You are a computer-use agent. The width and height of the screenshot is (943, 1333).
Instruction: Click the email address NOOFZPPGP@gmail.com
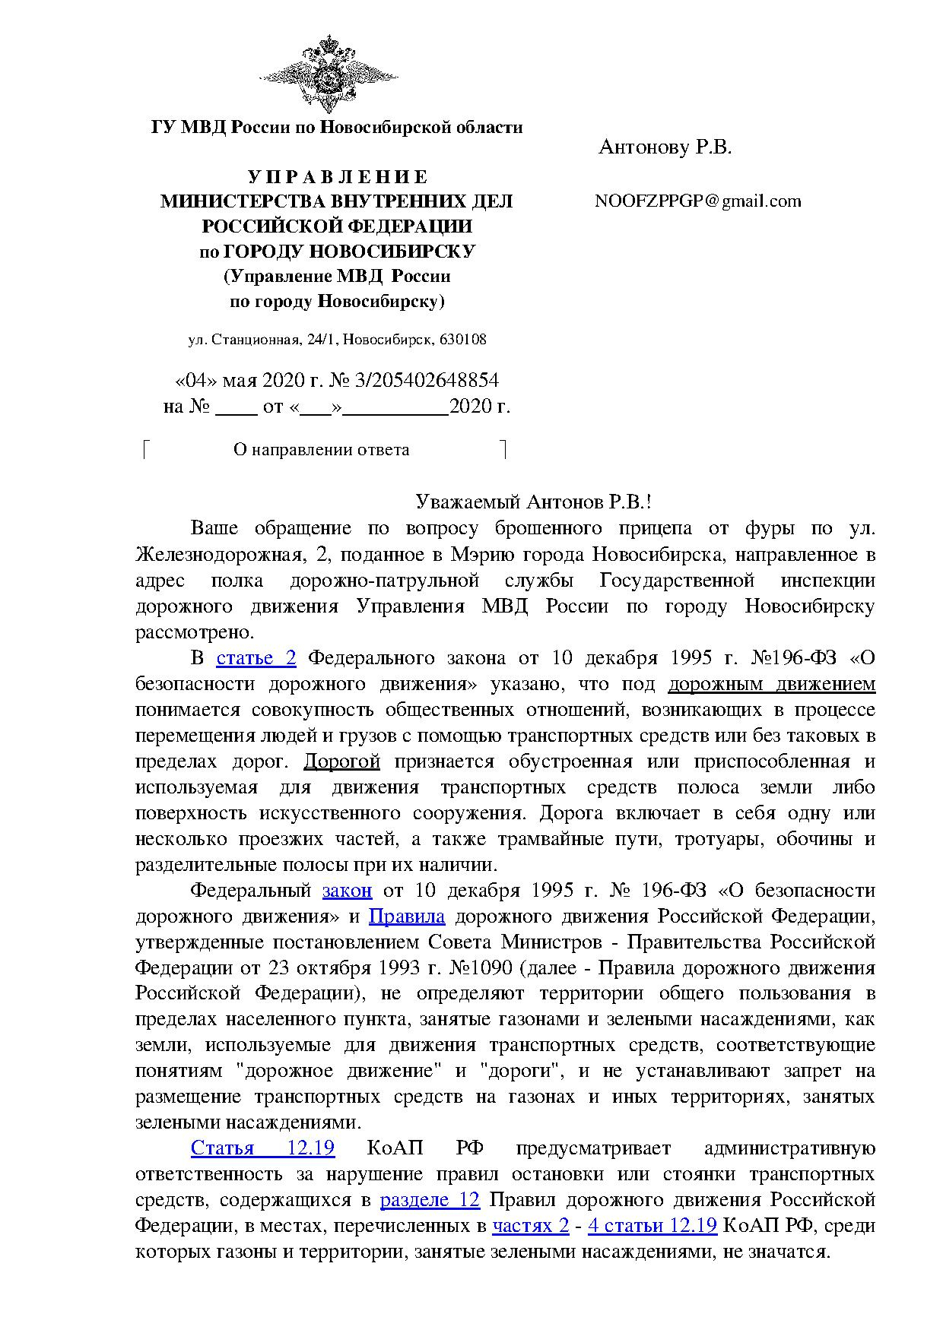pyautogui.click(x=698, y=201)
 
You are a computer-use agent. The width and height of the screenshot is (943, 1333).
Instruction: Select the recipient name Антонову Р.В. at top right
pyautogui.click(x=665, y=147)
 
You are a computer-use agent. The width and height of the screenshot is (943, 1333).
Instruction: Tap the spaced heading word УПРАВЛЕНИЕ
pyautogui.click(x=338, y=177)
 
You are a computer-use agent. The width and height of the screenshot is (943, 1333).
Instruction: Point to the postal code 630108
pyautogui.click(x=462, y=340)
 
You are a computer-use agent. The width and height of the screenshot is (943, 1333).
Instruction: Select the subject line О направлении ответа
pyautogui.click(x=321, y=450)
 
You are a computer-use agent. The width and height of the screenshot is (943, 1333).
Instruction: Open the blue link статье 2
pyautogui.click(x=256, y=657)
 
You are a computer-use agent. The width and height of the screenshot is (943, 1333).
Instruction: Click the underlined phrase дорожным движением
pyautogui.click(x=771, y=684)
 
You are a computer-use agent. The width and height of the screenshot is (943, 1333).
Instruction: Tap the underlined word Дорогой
pyautogui.click(x=341, y=761)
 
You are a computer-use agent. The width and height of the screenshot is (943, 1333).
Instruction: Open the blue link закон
pyautogui.click(x=347, y=890)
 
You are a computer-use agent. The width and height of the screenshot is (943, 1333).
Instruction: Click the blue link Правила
pyautogui.click(x=406, y=916)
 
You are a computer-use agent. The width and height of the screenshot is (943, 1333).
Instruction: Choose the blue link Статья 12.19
pyautogui.click(x=262, y=1148)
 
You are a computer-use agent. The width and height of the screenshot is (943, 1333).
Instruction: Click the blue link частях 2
pyautogui.click(x=531, y=1225)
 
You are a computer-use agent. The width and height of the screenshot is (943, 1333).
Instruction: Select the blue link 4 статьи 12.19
pyautogui.click(x=652, y=1225)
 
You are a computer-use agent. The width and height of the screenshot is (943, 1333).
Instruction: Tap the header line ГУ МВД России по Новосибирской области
pyautogui.click(x=337, y=127)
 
